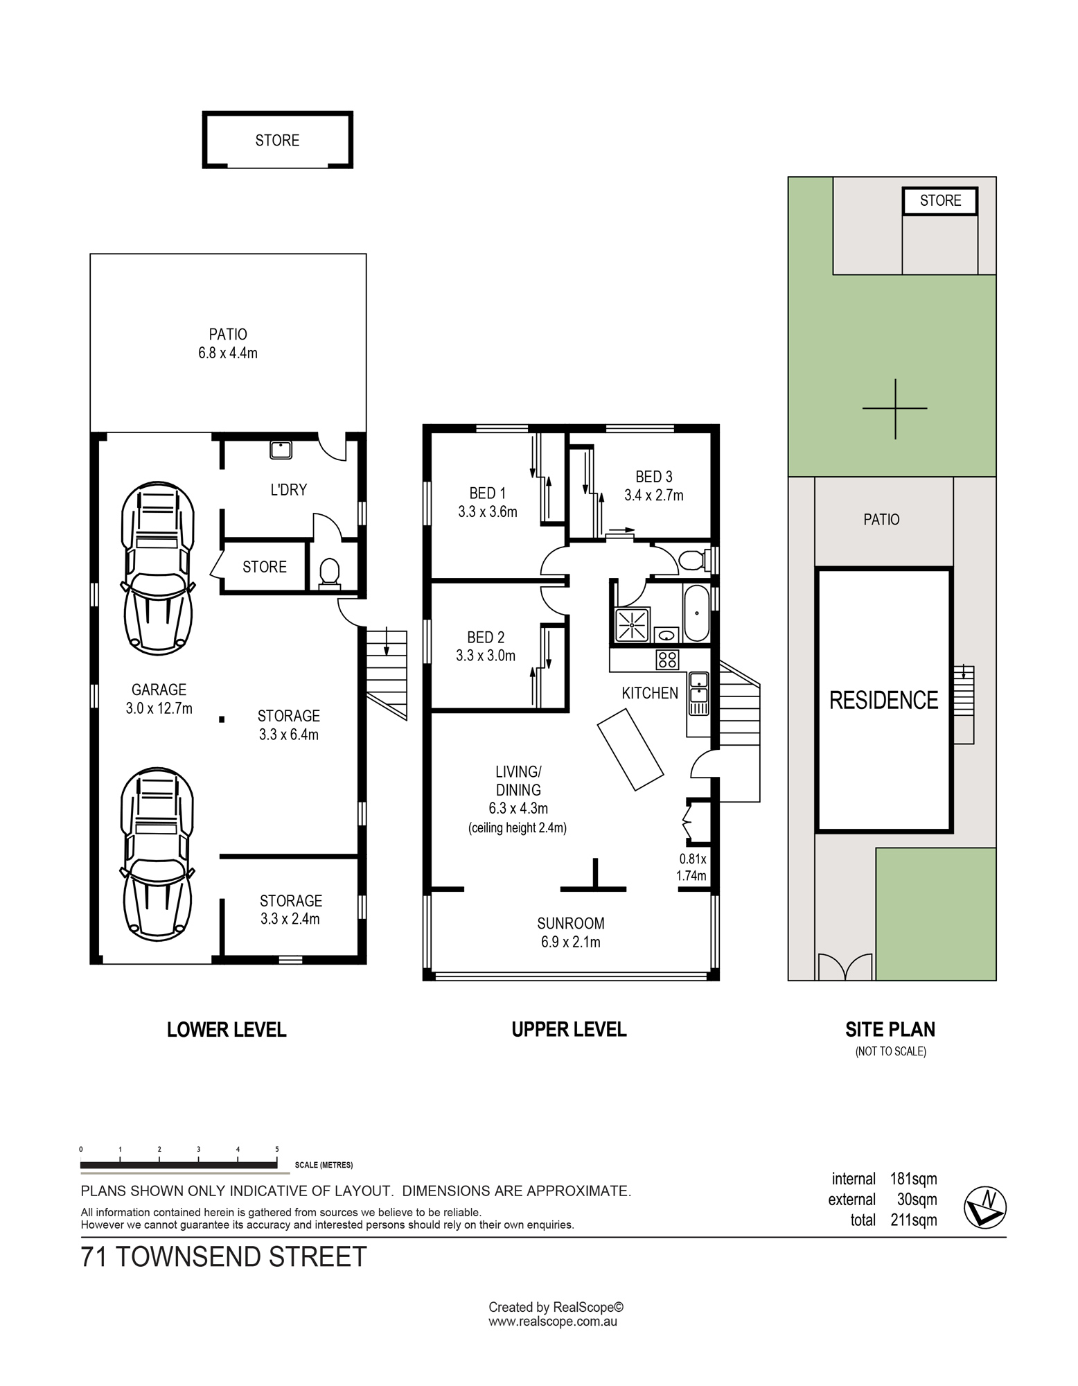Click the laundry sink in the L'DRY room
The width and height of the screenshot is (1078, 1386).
click(x=281, y=450)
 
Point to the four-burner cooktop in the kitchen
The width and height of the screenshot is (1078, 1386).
click(x=667, y=659)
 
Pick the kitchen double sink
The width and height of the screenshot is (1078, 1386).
click(x=698, y=694)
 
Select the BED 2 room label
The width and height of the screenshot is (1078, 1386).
click(x=486, y=637)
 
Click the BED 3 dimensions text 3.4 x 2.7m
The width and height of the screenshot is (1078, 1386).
click(x=654, y=495)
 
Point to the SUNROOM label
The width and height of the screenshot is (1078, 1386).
click(x=571, y=923)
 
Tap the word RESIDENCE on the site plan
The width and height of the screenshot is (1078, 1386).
click(x=884, y=700)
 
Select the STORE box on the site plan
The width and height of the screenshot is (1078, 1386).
click(x=940, y=201)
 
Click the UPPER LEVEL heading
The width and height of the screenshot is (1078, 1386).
click(x=569, y=1029)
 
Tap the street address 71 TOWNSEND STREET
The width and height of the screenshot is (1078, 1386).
click(x=224, y=1257)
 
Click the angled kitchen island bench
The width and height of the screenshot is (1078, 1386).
click(x=630, y=749)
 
